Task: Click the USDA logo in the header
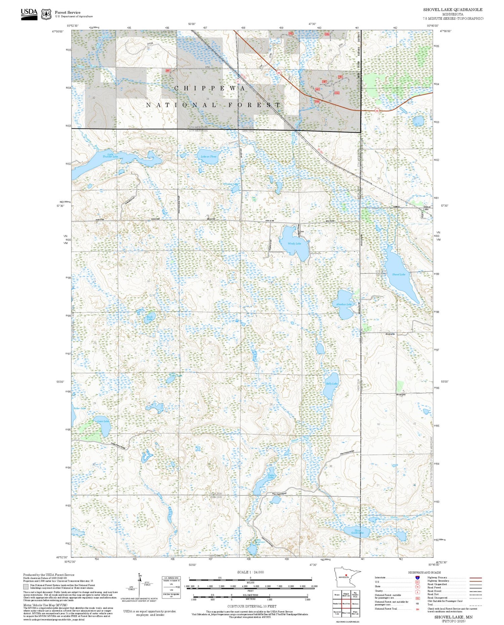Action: tap(29, 14)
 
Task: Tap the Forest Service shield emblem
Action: tap(46, 14)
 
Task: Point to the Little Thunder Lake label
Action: tap(110, 155)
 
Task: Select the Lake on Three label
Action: tap(209, 156)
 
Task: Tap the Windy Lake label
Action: tap(294, 243)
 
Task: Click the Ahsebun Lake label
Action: tap(344, 304)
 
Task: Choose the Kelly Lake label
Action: tap(332, 383)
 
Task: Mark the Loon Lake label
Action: tap(103, 421)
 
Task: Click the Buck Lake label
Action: tap(150, 318)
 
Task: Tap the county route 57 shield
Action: tap(238, 81)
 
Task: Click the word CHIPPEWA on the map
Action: tap(210, 88)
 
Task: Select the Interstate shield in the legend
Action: tap(417, 577)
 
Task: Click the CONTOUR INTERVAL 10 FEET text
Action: tap(252, 606)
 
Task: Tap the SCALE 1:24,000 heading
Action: tap(250, 572)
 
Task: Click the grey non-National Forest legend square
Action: tap(26, 587)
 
